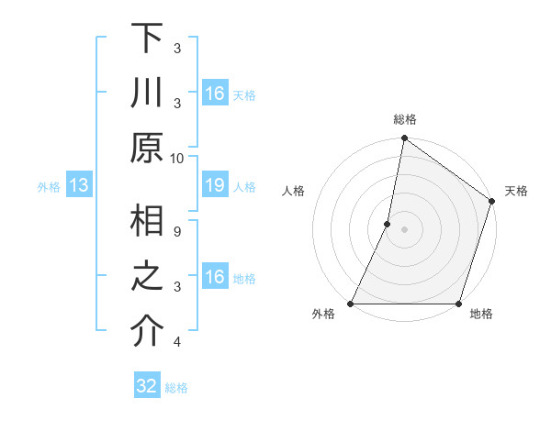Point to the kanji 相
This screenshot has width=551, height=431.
pyautogui.click(x=147, y=224)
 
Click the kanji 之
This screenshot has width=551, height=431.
pyautogui.click(x=147, y=280)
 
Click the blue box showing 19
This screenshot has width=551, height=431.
pyautogui.click(x=214, y=186)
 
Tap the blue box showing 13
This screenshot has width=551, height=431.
pyautogui.click(x=78, y=186)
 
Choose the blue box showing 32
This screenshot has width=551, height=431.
pyautogui.click(x=147, y=386)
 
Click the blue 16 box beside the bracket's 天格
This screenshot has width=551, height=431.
pyautogui.click(x=214, y=94)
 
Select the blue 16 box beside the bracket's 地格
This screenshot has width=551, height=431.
pyautogui.click(x=214, y=278)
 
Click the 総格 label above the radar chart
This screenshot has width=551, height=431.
pyautogui.click(x=404, y=119)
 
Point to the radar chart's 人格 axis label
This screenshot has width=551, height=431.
pyautogui.click(x=293, y=191)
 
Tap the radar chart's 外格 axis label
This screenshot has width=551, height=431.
pyautogui.click(x=323, y=315)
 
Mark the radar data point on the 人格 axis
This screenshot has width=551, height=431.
pyautogui.click(x=388, y=224)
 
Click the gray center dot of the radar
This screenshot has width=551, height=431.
pyautogui.click(x=404, y=229)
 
